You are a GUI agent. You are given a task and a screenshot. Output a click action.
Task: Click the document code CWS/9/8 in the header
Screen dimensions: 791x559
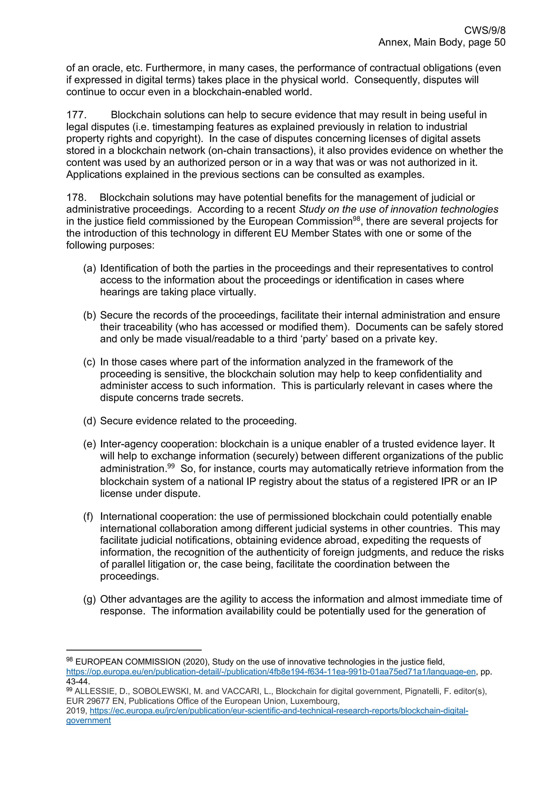pyautogui.click(x=484, y=31)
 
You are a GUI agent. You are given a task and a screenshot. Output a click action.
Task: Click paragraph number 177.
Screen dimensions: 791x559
pyautogui.click(x=76, y=115)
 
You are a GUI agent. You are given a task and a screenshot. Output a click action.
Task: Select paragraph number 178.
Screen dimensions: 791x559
pyautogui.click(x=76, y=197)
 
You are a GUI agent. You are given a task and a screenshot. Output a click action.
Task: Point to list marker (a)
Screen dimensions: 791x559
pyautogui.click(x=89, y=268)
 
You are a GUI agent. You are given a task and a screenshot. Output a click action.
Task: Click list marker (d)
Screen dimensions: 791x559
pyautogui.click(x=89, y=421)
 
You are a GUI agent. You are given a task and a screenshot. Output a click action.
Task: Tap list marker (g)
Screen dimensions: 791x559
pyautogui.click(x=89, y=599)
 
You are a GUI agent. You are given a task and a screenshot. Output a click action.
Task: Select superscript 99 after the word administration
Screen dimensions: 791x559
pyautogui.click(x=171, y=466)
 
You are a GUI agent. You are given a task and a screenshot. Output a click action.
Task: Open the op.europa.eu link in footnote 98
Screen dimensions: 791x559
pyautogui.click(x=271, y=671)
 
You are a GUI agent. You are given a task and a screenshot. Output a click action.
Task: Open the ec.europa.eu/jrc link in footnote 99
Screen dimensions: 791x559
pyautogui.click(x=279, y=710)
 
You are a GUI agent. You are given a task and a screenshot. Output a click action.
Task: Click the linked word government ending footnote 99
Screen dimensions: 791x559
pyautogui.click(x=88, y=720)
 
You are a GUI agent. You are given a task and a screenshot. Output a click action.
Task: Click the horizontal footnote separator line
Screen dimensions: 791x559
pyautogui.click(x=134, y=650)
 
